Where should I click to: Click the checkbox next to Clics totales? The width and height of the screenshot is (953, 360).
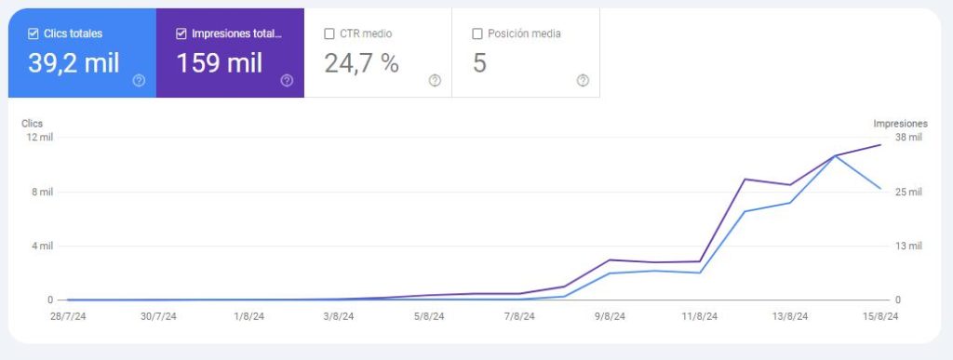(34, 33)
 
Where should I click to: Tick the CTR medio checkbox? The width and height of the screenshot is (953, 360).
(329, 33)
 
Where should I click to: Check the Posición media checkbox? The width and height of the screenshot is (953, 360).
(477, 33)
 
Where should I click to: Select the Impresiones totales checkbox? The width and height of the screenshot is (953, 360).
(181, 33)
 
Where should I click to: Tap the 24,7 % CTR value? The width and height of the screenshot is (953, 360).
(361, 63)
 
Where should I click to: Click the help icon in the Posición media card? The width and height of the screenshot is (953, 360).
(583, 80)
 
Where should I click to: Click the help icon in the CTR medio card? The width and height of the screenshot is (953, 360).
(435, 80)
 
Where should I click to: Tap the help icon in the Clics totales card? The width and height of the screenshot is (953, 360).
(139, 80)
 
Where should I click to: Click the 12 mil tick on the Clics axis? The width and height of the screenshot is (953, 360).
(39, 138)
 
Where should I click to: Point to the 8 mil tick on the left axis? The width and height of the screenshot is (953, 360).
(42, 193)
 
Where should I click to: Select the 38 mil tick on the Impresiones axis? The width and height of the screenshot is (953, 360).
(908, 138)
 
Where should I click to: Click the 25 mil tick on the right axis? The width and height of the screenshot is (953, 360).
(908, 193)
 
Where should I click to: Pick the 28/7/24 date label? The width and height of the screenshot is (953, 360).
(67, 316)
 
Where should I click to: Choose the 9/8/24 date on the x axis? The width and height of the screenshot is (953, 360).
(611, 316)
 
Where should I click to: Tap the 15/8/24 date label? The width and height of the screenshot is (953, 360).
(880, 316)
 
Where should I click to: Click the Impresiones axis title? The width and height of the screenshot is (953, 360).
(900, 123)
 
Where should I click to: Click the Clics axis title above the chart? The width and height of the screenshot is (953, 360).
(32, 123)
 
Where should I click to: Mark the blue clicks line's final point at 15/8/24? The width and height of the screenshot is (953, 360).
(880, 189)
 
